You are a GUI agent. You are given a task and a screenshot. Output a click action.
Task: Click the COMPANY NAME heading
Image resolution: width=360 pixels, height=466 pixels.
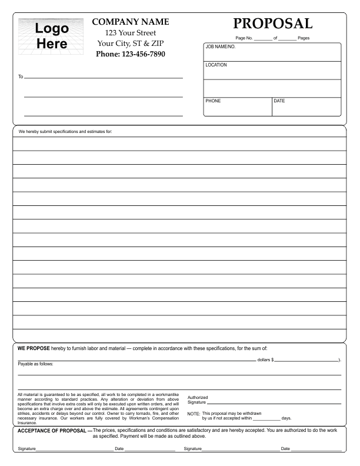pyautogui.click(x=131, y=22)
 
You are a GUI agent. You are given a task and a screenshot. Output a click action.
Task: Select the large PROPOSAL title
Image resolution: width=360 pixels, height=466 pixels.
pyautogui.click(x=272, y=24)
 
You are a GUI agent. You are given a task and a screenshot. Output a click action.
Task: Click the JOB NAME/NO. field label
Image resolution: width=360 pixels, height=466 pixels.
pyautogui.click(x=220, y=46)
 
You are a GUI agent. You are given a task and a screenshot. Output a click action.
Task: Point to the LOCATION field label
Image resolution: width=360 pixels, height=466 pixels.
pyautogui.click(x=216, y=65)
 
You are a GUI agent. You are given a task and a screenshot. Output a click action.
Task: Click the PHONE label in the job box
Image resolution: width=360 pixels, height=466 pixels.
pyautogui.click(x=213, y=101)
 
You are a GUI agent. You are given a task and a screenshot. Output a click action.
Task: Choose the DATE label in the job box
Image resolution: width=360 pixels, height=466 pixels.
pyautogui.click(x=279, y=101)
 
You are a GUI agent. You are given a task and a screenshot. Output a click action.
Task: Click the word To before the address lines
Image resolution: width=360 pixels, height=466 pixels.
pyautogui.click(x=21, y=77)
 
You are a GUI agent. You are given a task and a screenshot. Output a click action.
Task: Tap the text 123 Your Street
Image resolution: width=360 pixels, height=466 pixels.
pyautogui.click(x=131, y=33)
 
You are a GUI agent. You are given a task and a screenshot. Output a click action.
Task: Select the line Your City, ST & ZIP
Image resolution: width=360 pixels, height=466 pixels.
pyautogui.click(x=131, y=44)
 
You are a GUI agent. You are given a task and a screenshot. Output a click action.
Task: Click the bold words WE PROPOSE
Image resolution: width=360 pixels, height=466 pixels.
pyautogui.click(x=34, y=348)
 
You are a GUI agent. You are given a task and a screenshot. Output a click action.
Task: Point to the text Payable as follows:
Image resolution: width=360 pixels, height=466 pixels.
pyautogui.click(x=35, y=364)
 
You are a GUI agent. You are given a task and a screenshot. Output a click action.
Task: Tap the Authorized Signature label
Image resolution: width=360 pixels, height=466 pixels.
pyautogui.click(x=197, y=400)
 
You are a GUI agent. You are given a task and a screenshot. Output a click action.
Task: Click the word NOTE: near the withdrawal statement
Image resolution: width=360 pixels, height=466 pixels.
pyautogui.click(x=194, y=414)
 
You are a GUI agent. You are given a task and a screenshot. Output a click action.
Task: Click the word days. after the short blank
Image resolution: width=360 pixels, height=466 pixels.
pyautogui.click(x=286, y=418)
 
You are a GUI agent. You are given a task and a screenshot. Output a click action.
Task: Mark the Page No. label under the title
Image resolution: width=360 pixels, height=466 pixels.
pyautogui.click(x=244, y=38)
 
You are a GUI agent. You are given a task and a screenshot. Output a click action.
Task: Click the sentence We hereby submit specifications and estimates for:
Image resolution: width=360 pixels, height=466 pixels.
pyautogui.click(x=65, y=132)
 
